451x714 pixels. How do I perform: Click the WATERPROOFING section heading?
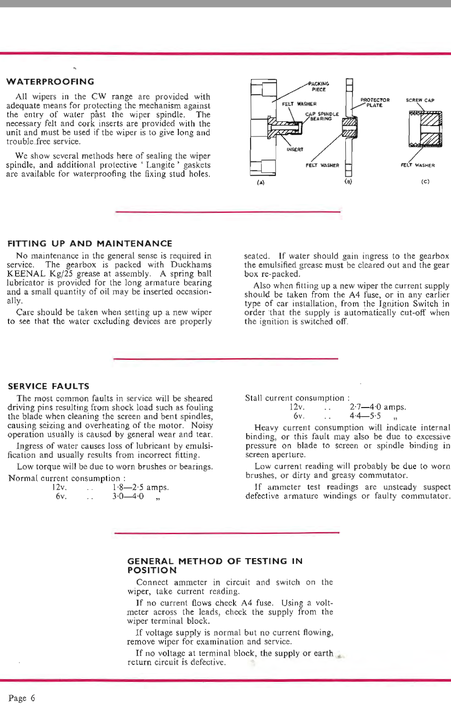50,82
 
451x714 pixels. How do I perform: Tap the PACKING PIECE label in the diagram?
319,86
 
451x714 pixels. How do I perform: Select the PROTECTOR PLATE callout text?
375,102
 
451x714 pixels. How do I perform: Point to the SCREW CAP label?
420,100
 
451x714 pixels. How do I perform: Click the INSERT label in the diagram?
295,150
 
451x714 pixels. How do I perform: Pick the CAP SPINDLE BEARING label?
322,116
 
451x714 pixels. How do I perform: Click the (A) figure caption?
260,182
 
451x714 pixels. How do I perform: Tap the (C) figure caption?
425,181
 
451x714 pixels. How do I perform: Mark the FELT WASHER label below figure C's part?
418,165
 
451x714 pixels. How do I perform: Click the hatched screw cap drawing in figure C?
426,129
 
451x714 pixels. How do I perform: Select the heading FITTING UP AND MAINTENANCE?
90,244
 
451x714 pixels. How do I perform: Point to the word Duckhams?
191,265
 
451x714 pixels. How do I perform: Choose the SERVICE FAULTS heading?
49,386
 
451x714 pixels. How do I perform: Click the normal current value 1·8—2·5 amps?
140,487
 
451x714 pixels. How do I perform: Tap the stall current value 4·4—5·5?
365,416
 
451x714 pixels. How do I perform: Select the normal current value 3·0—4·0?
128,496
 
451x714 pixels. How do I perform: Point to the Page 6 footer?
22,698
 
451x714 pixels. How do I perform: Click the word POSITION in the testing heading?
152,570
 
